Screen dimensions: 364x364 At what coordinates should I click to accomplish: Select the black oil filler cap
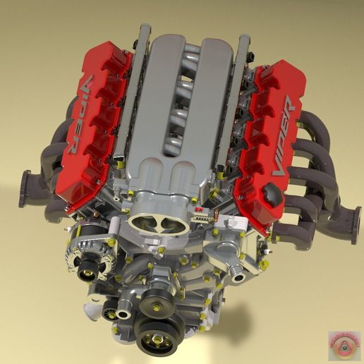point(271,192)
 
